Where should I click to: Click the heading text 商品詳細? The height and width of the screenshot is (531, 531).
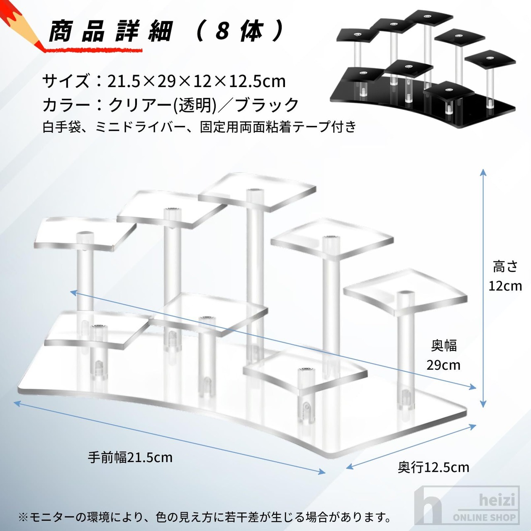click(110, 31)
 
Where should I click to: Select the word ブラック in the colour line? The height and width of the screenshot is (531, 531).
click(267, 105)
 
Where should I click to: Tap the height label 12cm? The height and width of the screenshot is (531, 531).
click(505, 286)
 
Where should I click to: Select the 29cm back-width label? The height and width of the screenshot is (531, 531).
click(443, 365)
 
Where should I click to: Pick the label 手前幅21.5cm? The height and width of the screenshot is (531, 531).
click(130, 457)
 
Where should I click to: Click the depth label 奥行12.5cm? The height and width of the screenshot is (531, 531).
click(433, 467)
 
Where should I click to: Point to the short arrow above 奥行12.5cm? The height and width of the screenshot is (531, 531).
click(411, 446)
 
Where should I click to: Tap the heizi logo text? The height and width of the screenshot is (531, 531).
click(497, 499)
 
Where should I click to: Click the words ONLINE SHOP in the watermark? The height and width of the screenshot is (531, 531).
click(484, 517)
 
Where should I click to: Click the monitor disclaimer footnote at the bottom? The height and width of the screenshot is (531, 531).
click(205, 517)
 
